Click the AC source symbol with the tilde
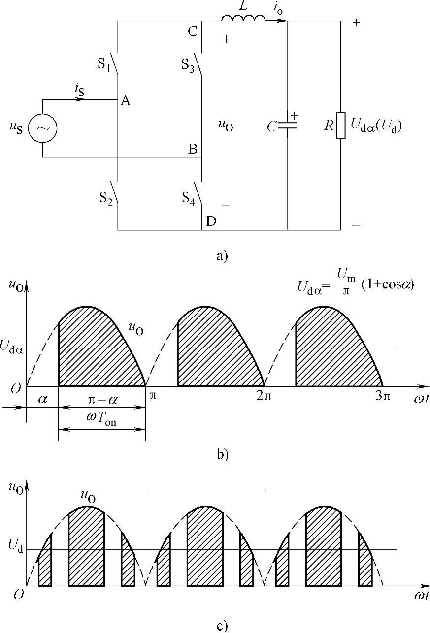pyautogui.click(x=42, y=128)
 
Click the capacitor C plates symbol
pyautogui.click(x=288, y=126)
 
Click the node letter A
pyautogui.click(x=125, y=101)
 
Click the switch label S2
pyautogui.click(x=104, y=199)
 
